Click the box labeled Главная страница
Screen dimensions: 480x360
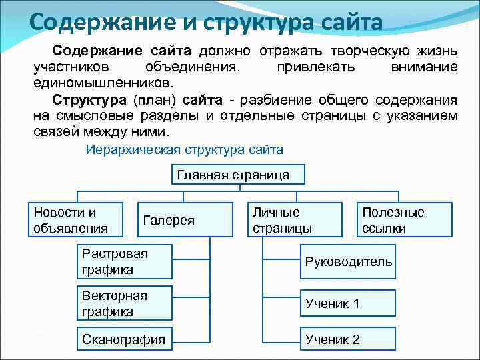(233, 175)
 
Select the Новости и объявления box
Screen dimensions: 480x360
(75, 220)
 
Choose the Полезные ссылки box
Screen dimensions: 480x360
(393, 220)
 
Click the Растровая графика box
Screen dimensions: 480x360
(125, 261)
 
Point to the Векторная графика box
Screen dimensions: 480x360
(125, 303)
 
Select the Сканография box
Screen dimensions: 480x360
(125, 339)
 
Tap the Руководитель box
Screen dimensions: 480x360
(348, 261)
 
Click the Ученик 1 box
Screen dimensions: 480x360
(348, 303)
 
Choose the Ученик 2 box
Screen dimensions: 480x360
(348, 339)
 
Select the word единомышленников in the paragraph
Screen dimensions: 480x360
(103, 84)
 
